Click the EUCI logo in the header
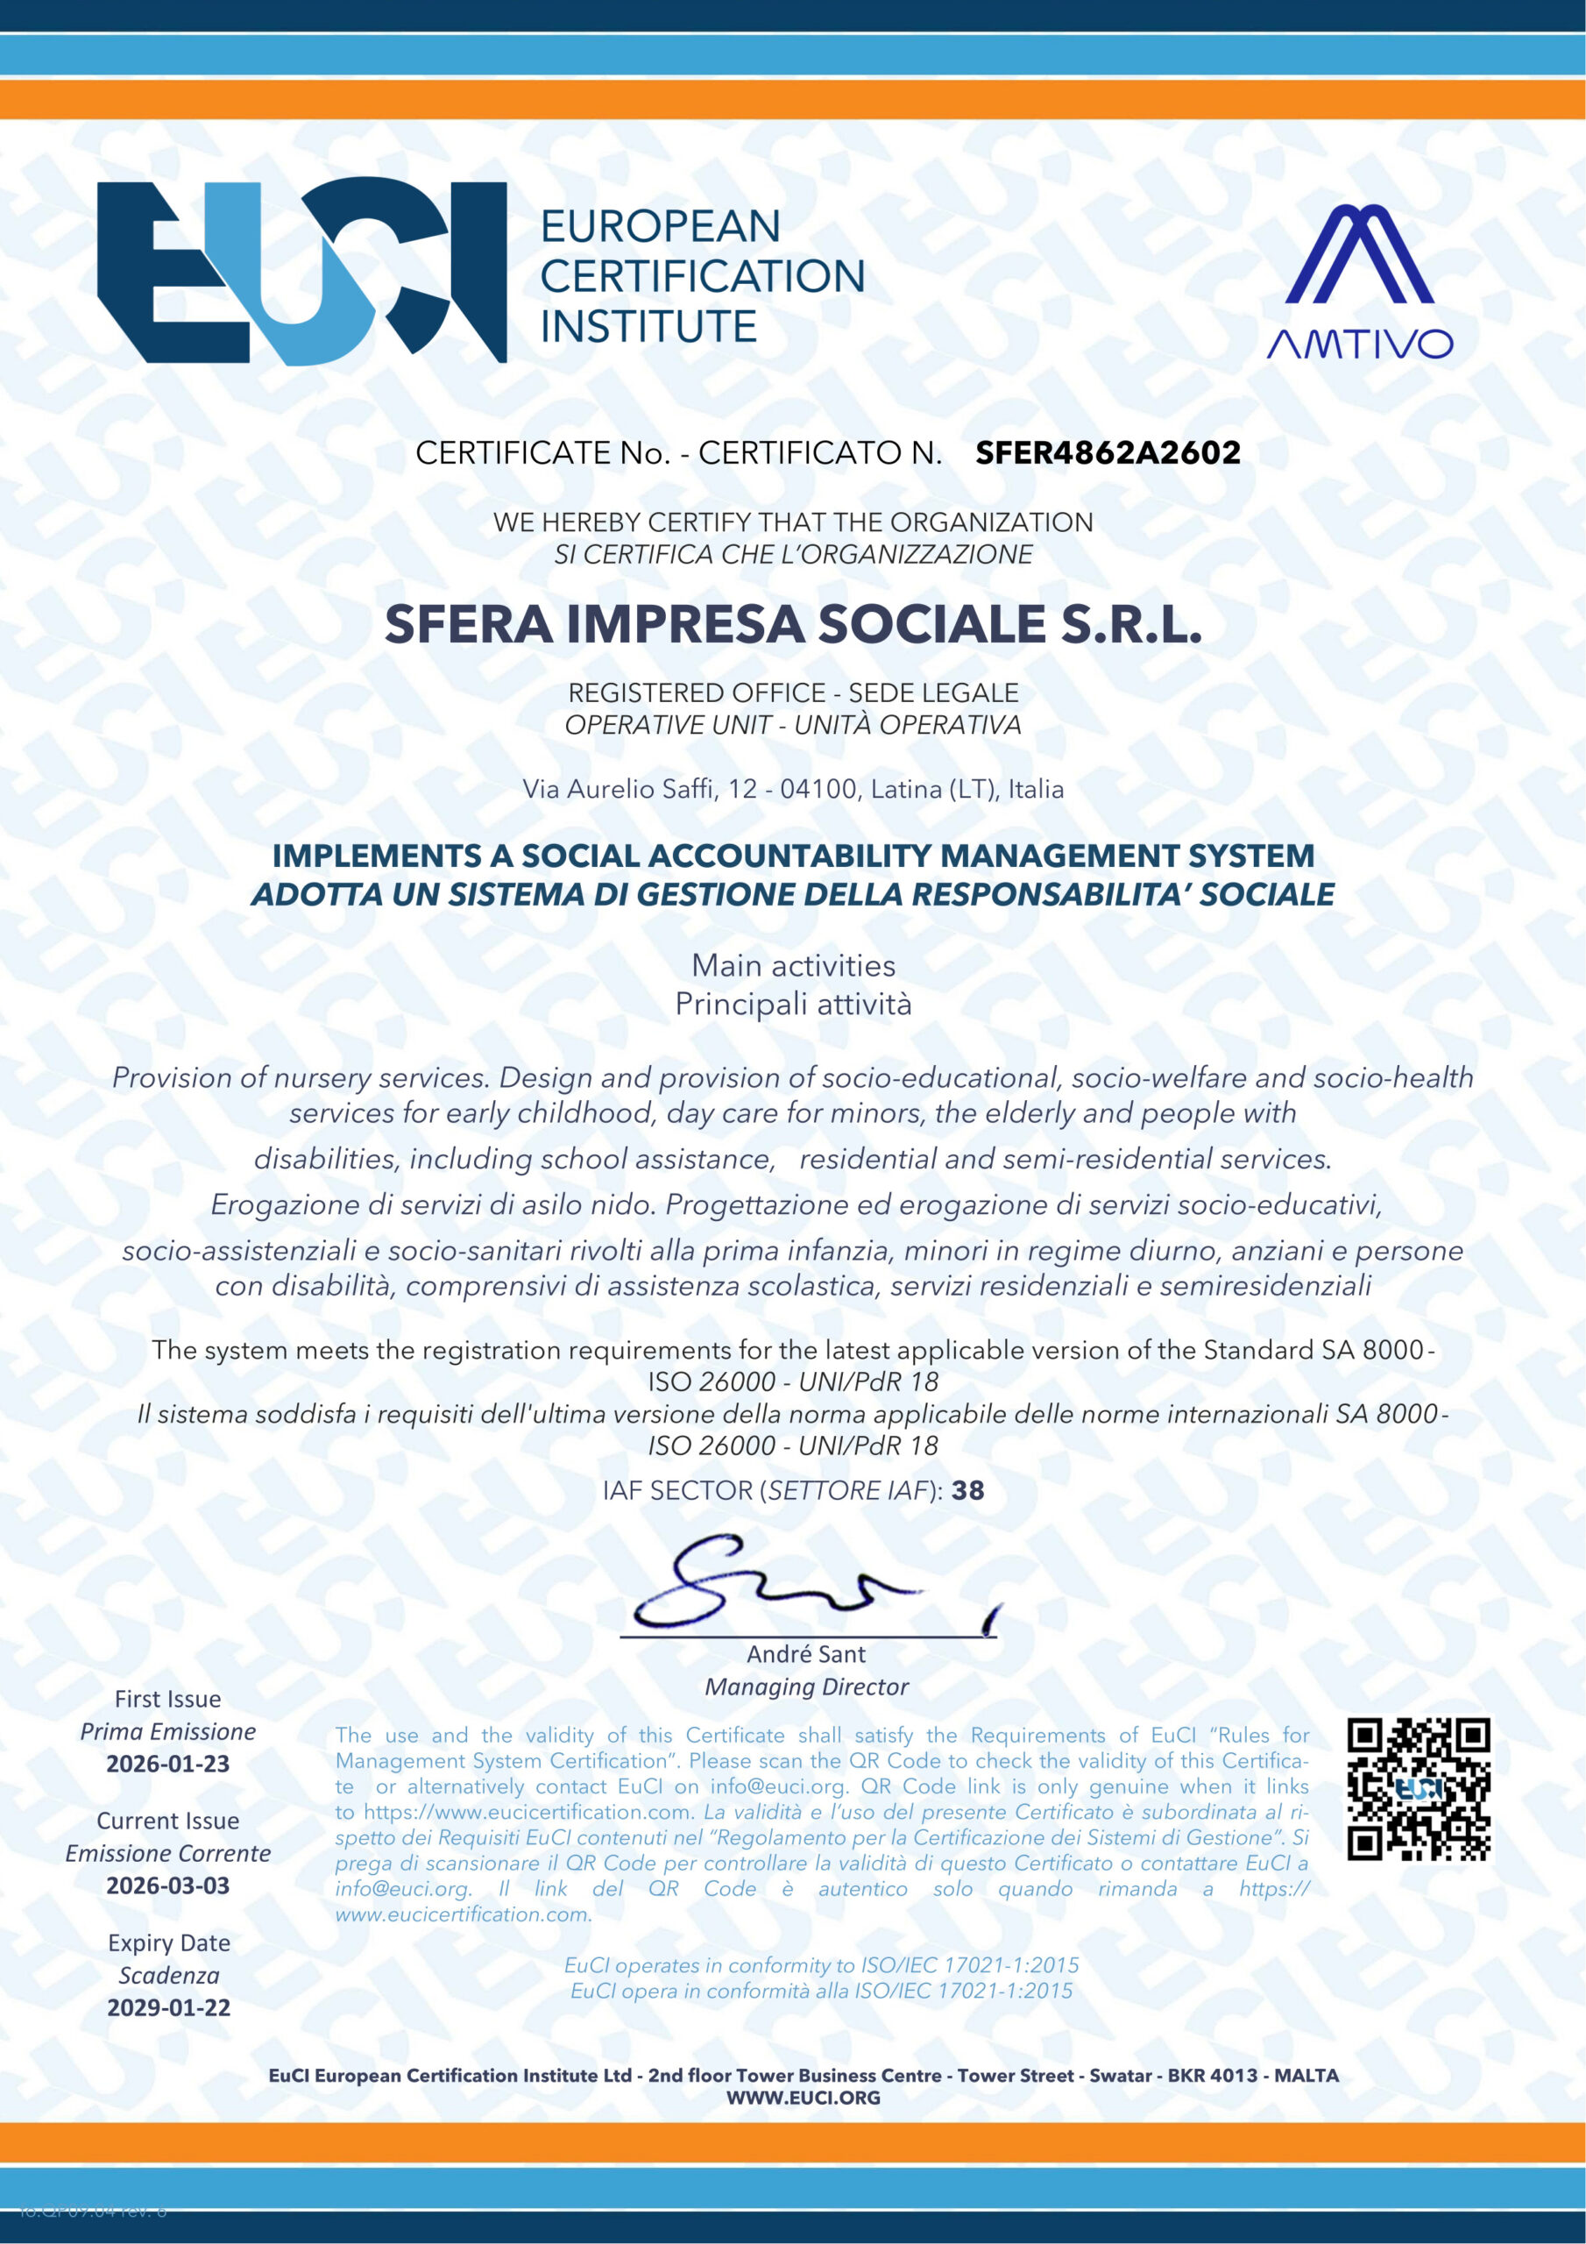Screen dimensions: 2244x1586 tap(301, 272)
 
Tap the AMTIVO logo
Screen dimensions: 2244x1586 tap(1359, 280)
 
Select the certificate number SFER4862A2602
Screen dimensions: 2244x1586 tap(1108, 452)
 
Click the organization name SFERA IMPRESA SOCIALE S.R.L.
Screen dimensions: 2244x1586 tap(792, 624)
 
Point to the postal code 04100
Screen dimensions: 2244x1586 tap(818, 789)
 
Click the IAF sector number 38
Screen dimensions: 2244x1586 tap(967, 1490)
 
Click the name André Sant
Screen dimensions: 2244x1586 tap(806, 1654)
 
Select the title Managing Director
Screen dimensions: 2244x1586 tap(806, 1687)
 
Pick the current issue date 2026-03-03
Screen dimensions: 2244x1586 tap(168, 1885)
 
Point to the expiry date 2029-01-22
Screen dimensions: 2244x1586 tap(168, 2007)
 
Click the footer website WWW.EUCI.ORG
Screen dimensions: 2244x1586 tap(803, 2098)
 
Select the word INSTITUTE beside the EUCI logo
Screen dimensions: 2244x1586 tap(649, 326)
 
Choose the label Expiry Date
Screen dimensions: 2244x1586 tap(169, 1943)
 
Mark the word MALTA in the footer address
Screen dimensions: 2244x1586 tap(1306, 2075)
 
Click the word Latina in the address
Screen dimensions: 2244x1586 tap(907, 789)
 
